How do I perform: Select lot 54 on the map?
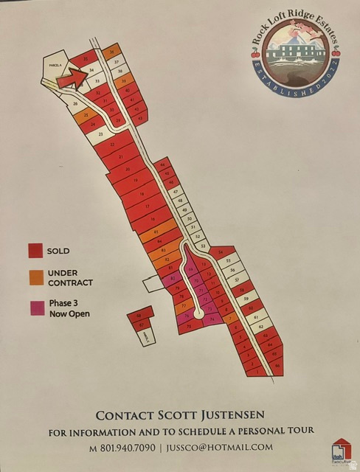221,252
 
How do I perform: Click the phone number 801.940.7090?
123,447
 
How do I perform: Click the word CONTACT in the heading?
119,414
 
